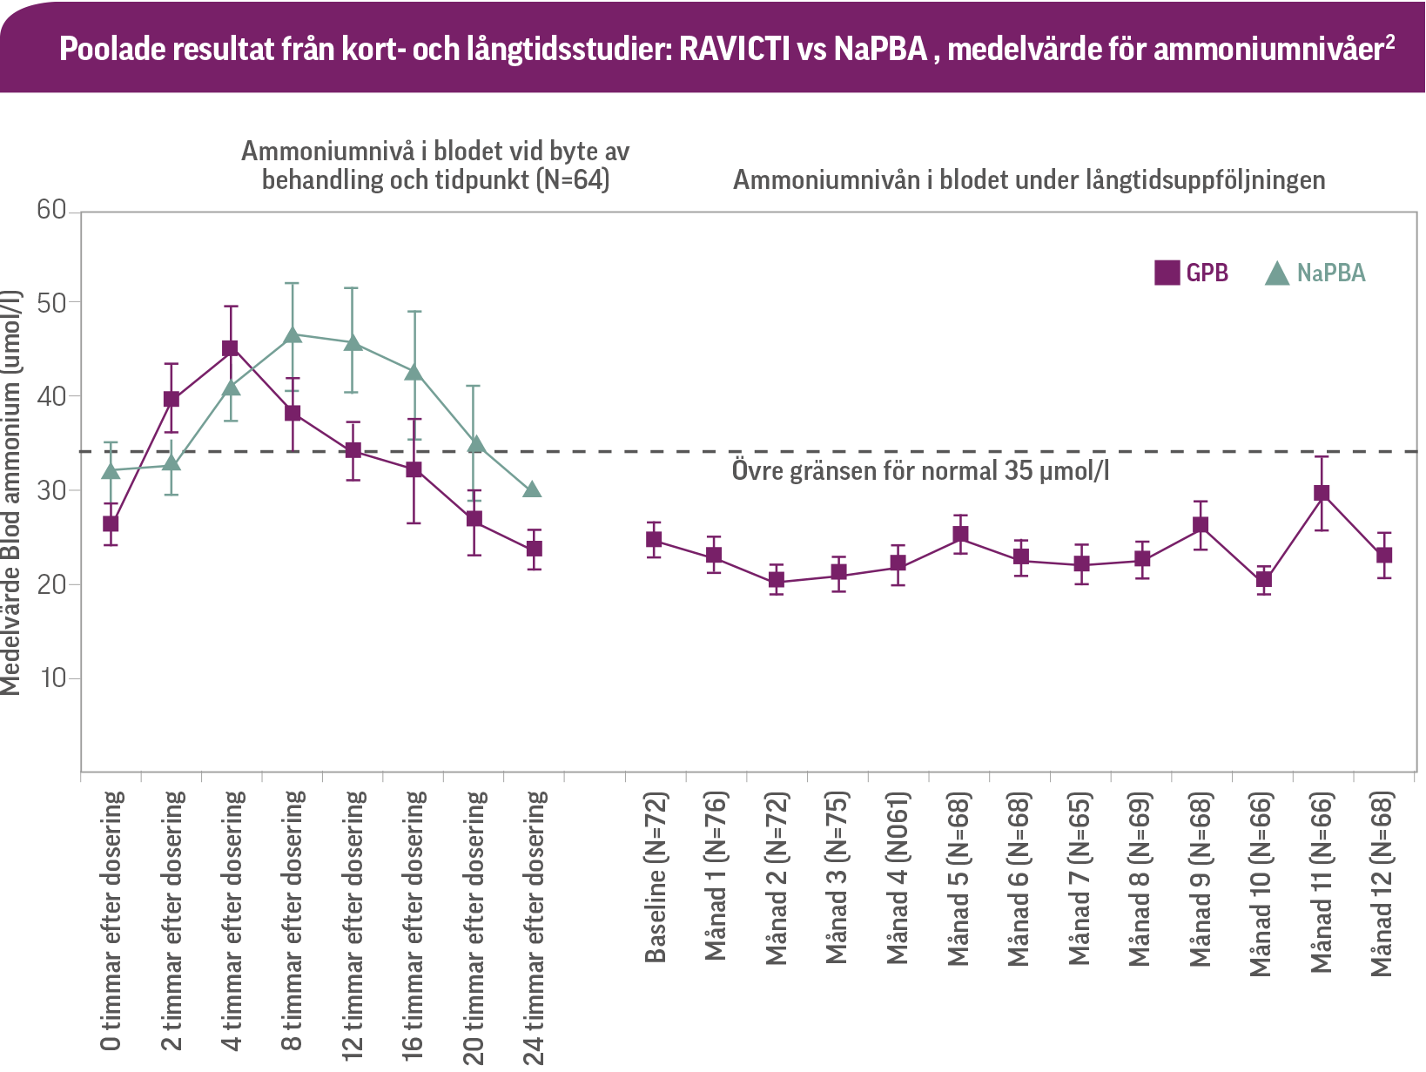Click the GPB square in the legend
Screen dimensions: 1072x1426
tap(1167, 273)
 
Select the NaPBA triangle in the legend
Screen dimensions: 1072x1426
tap(1276, 273)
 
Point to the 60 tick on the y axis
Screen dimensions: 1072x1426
tap(51, 210)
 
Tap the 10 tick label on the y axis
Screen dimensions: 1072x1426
tap(53, 678)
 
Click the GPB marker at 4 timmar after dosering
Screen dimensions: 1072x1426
tap(231, 348)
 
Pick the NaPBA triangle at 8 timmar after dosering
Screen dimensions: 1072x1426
tap(293, 335)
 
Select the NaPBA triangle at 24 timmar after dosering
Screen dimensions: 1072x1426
tap(533, 489)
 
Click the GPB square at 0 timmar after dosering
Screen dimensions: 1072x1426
tap(111, 523)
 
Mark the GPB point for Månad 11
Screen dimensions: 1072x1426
tap(1322, 493)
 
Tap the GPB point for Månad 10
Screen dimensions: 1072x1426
tap(1263, 579)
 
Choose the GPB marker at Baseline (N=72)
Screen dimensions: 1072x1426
tap(654, 539)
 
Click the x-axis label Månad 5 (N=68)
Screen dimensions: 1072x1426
tap(959, 879)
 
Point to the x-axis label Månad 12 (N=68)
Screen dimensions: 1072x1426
tap(1382, 883)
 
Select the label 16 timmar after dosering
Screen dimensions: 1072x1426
tap(414, 924)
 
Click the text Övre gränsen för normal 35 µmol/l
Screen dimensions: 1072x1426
tap(920, 471)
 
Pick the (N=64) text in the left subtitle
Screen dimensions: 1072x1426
tap(572, 180)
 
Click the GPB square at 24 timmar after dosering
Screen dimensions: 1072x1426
tap(534, 549)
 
